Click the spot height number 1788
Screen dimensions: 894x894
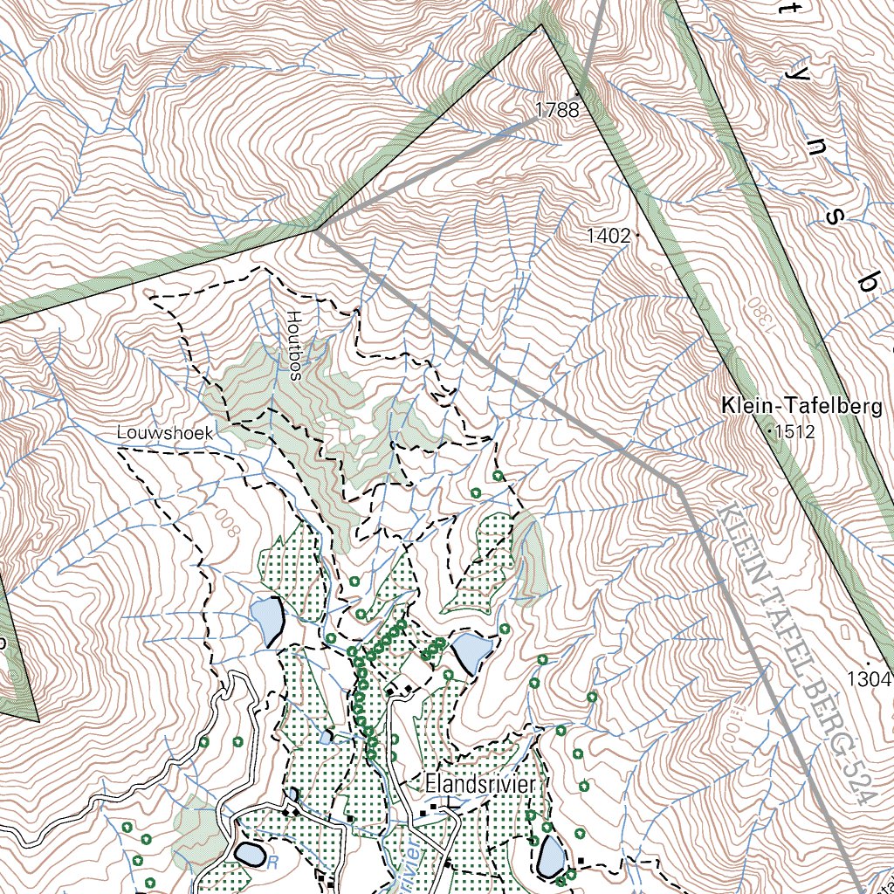[x=556, y=110]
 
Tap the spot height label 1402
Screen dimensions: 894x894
[x=608, y=236]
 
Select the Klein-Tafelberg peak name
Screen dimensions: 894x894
[x=801, y=406]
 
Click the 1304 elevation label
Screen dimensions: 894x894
[x=869, y=678]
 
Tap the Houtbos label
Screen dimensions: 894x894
[x=294, y=346]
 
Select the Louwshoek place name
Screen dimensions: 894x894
[x=166, y=432]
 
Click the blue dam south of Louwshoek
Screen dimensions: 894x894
[x=267, y=621]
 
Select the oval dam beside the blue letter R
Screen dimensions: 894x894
[x=249, y=853]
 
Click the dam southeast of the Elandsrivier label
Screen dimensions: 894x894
[x=552, y=856]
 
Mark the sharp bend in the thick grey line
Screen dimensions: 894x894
[x=676, y=485]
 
